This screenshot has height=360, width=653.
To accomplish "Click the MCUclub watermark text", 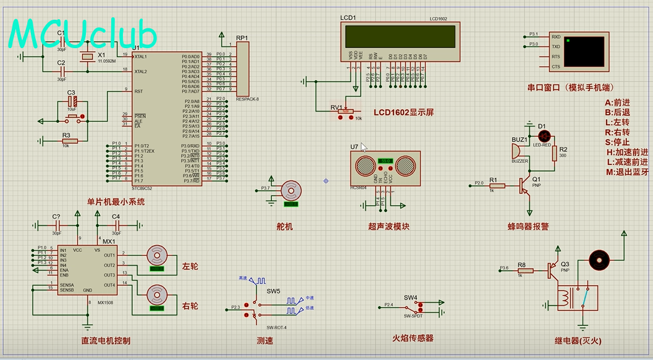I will pyautogui.click(x=83, y=34).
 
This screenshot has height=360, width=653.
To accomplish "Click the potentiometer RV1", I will pyautogui.click(x=346, y=112).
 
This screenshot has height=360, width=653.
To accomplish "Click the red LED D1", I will pyautogui.click(x=544, y=135).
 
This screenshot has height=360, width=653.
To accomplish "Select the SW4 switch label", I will pyautogui.click(x=411, y=298).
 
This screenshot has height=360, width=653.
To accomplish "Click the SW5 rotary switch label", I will pyautogui.click(x=273, y=291).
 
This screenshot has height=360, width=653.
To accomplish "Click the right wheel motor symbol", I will pyautogui.click(x=157, y=295).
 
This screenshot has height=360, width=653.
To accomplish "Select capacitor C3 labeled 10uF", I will pyautogui.click(x=72, y=100).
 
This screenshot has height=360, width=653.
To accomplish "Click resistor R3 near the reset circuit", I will pyautogui.click(x=69, y=141).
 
